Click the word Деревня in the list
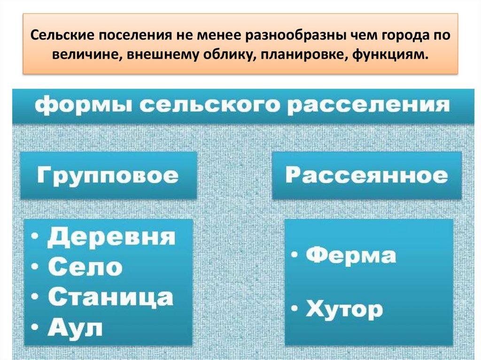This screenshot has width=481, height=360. pos(111,237)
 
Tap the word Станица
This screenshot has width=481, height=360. pos(111,298)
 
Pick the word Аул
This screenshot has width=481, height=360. pos(75,328)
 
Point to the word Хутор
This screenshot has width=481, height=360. pos(344,310)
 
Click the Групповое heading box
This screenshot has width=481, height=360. pos(108,176)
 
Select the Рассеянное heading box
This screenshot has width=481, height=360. pos(366,176)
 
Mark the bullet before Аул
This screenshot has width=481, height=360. pos(37,328)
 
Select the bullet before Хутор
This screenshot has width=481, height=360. pos(295,310)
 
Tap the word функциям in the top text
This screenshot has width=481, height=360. pos(394,55)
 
